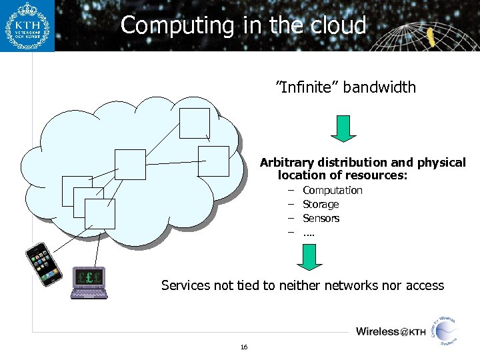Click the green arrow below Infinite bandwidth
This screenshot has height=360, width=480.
pyautogui.click(x=343, y=128)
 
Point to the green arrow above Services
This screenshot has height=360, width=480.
pyautogui.click(x=309, y=257)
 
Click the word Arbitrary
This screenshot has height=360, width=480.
pyautogui.click(x=287, y=163)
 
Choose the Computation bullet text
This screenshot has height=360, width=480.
pyautogui.click(x=333, y=191)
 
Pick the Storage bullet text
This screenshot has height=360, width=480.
pyautogui.click(x=321, y=205)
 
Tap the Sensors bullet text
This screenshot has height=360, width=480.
pyautogui.click(x=321, y=219)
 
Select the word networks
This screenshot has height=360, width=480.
pyautogui.click(x=357, y=286)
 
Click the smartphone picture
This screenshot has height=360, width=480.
pyautogui.click(x=44, y=264)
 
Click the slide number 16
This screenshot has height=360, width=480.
pyautogui.click(x=244, y=347)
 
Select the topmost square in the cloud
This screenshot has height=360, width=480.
pyautogui.click(x=195, y=123)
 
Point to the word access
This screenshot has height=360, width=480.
pyautogui.click(x=423, y=286)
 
